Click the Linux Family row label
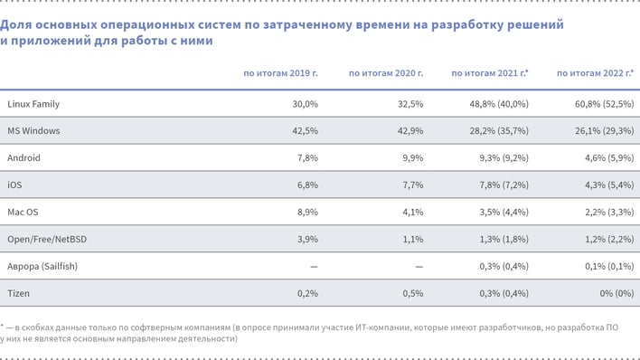33,104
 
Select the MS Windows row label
33,131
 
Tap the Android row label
24,158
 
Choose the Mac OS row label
23,213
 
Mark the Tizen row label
18,294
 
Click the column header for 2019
281,72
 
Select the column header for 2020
386,72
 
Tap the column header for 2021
490,72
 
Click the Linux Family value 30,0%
306,104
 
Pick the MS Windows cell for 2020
409,131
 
